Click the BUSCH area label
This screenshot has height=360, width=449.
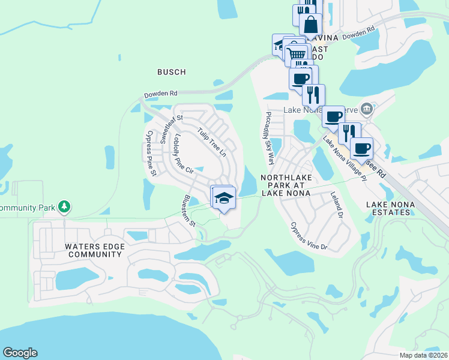coord(171,72)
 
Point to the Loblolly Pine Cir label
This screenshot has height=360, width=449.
coord(182,155)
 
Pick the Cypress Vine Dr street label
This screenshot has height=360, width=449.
coord(309,236)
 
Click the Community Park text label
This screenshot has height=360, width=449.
coord(28,208)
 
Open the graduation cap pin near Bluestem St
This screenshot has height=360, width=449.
coord(223,197)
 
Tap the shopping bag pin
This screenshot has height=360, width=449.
coord(311,25)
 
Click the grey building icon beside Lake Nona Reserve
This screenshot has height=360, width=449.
coord(367,110)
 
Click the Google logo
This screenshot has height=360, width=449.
coord(20,353)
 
